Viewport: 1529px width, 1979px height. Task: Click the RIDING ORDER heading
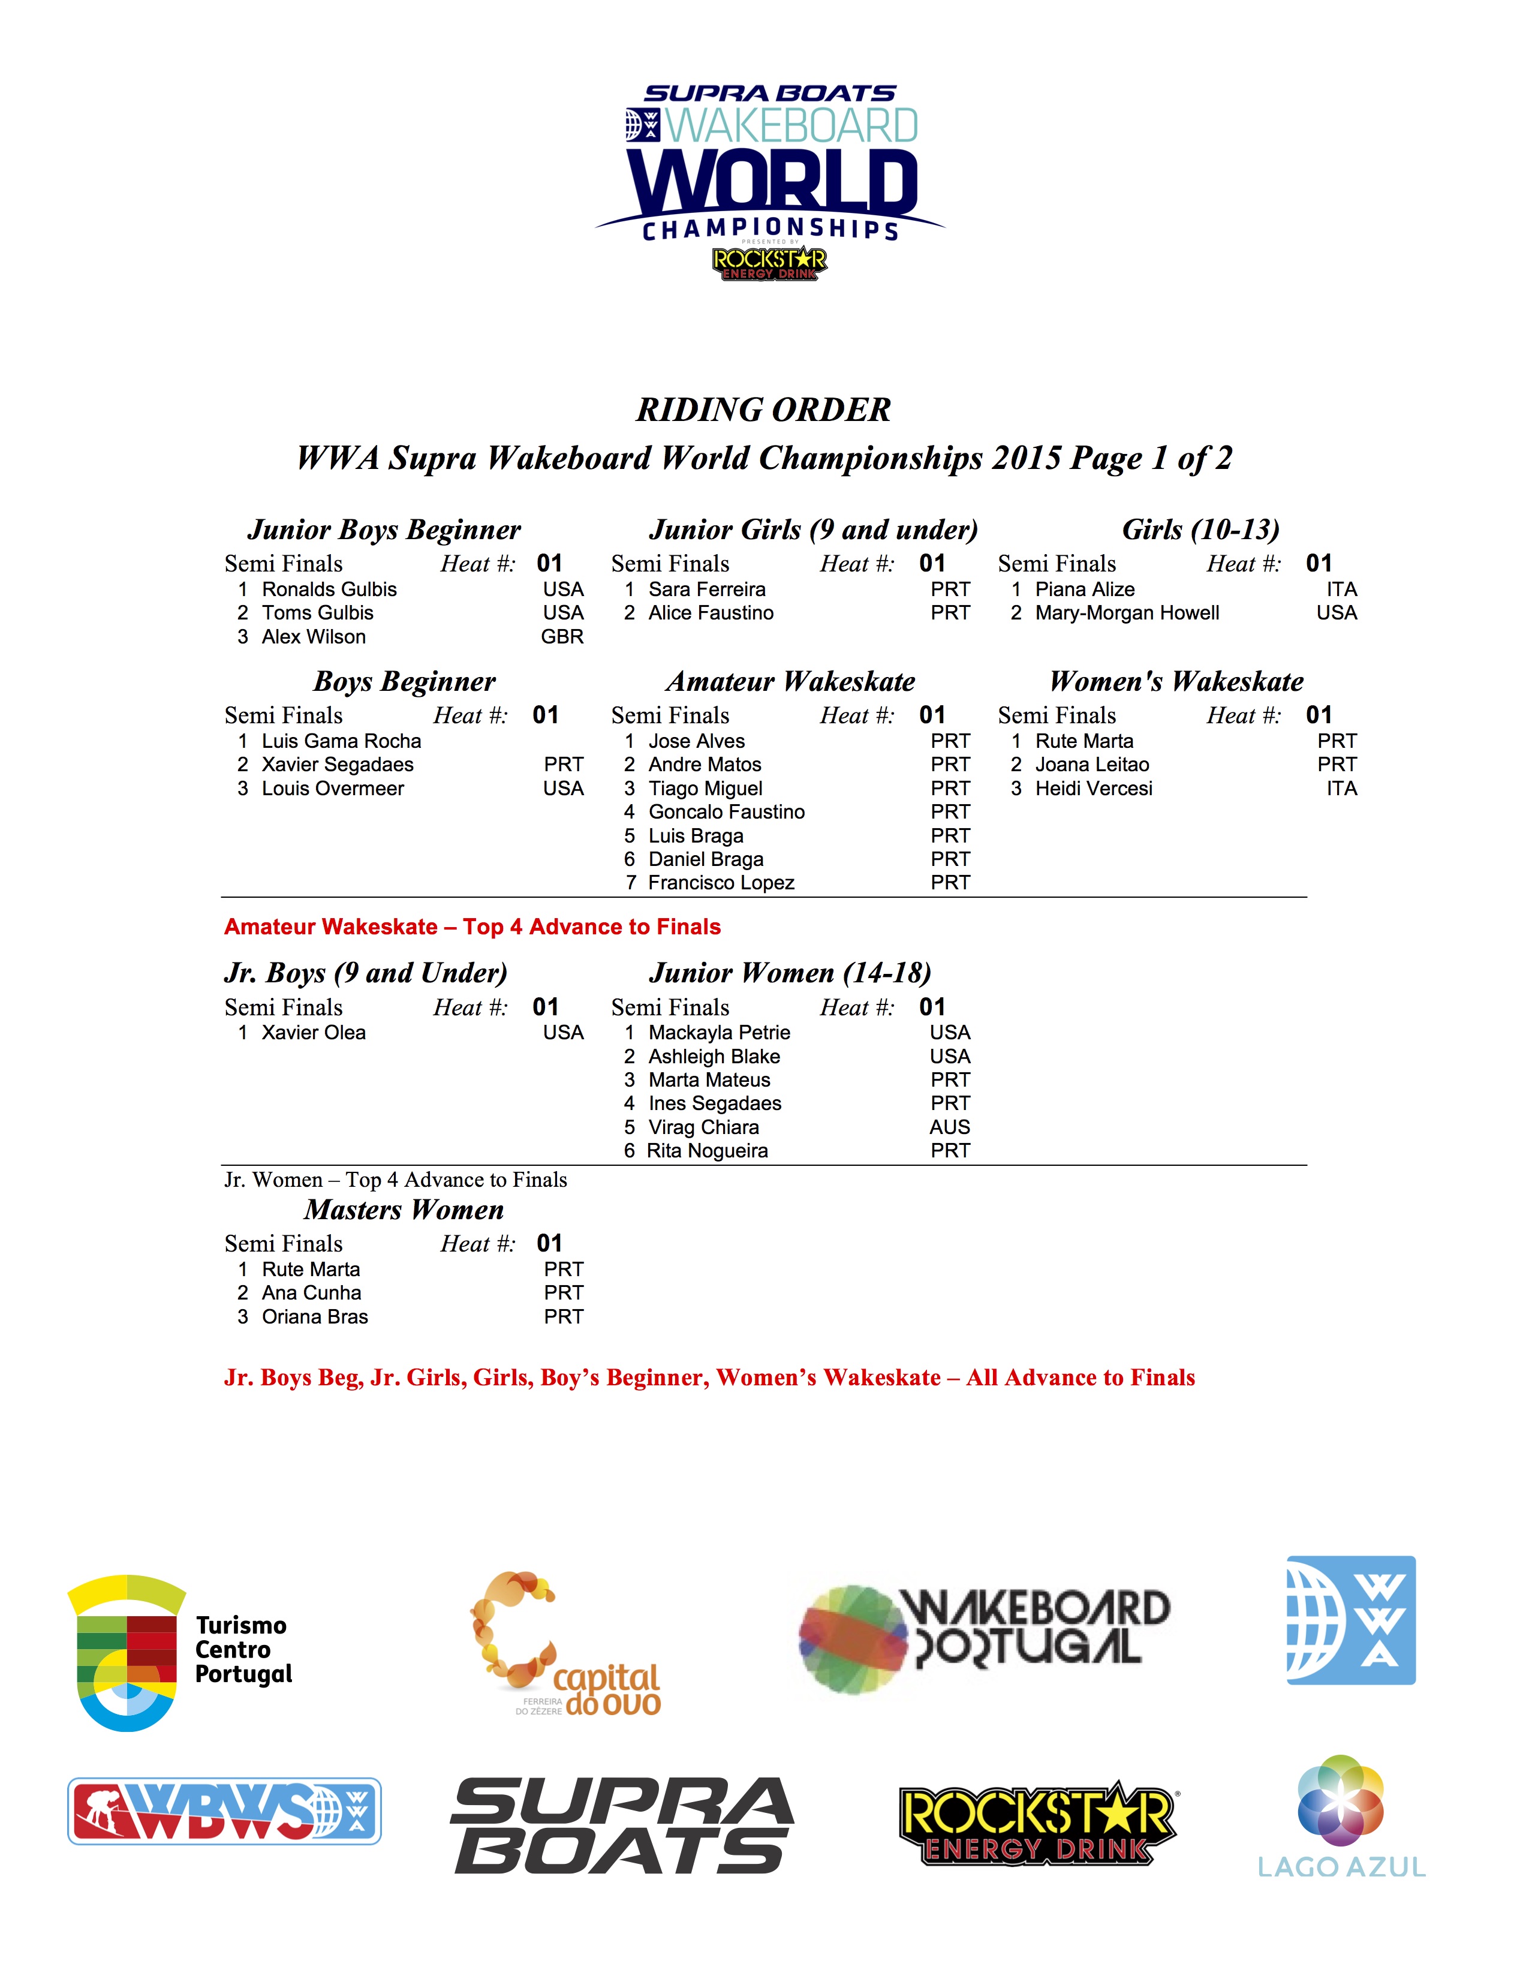[x=763, y=410]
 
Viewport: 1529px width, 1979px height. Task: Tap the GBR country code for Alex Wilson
[x=562, y=636]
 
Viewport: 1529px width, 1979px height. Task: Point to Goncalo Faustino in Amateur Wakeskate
[x=727, y=812]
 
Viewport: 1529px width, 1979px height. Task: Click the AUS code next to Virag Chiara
[x=949, y=1127]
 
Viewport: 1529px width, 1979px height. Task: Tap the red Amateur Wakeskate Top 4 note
[x=472, y=927]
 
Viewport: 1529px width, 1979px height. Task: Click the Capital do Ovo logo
[x=566, y=1644]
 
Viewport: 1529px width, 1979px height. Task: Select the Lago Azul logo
[x=1341, y=1817]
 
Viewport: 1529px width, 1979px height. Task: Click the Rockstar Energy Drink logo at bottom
[x=1037, y=1823]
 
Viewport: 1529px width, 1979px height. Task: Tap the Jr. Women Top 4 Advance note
[x=396, y=1180]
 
